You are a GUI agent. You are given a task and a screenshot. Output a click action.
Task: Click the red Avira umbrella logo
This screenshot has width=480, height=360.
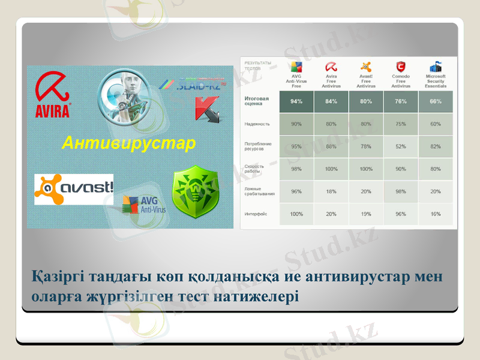point(53,96)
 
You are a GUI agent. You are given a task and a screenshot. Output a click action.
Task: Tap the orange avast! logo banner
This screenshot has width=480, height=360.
point(74,189)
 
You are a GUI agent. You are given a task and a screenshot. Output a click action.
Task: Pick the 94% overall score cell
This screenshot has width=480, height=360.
point(296,101)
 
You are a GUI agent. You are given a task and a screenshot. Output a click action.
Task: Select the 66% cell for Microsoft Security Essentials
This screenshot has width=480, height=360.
point(435,101)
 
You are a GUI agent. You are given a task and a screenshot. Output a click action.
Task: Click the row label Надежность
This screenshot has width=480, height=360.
point(257,124)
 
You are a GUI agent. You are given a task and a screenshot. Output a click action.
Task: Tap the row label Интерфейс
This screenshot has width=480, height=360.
point(256,214)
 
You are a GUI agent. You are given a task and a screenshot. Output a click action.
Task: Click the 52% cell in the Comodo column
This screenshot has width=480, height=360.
point(400,146)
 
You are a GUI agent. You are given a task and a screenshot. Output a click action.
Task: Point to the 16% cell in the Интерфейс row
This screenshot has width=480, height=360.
point(435,214)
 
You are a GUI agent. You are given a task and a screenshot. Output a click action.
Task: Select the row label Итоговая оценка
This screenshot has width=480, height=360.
point(257,101)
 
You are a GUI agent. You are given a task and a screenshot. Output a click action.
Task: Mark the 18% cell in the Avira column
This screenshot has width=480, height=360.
point(331,191)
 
